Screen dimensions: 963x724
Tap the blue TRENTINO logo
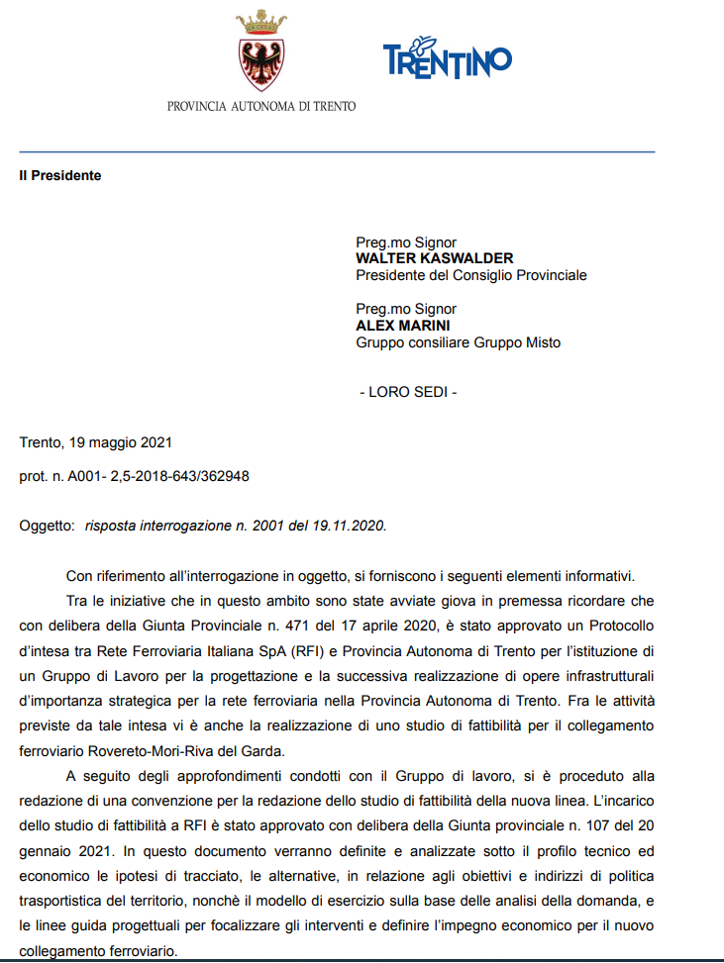447,58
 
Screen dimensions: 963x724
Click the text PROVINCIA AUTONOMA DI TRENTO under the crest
261,106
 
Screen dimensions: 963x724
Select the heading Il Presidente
59,176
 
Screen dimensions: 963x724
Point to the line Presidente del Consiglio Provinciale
470,275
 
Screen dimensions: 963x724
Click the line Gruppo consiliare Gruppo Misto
458,342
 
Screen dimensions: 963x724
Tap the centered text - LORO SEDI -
407,392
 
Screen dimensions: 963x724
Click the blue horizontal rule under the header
337,151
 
